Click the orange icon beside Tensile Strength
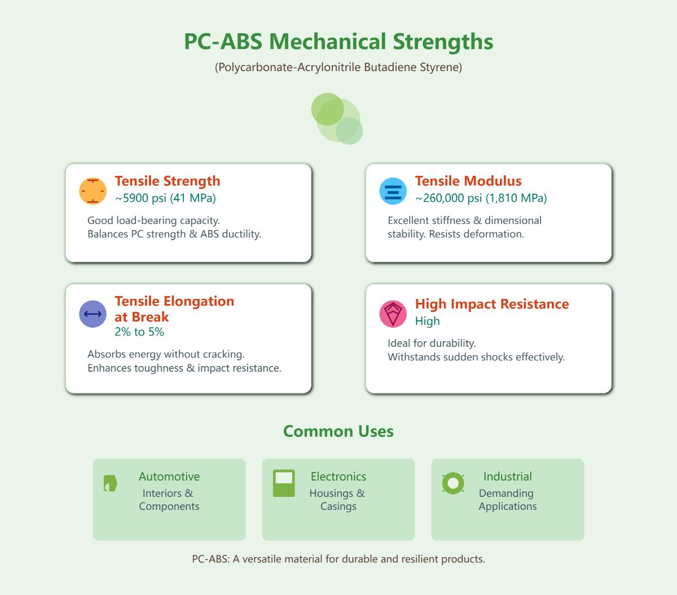[x=93, y=191]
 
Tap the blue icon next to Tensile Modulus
[x=393, y=191]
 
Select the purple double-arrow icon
[x=93, y=314]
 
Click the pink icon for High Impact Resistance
[x=393, y=314]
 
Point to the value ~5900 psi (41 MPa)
[x=165, y=198]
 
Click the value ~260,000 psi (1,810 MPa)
[x=481, y=198]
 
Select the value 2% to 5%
[x=139, y=332]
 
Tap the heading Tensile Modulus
[x=468, y=180]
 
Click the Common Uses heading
[x=338, y=431]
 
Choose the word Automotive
[x=169, y=477]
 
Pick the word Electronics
[x=338, y=477]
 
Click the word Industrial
[x=508, y=477]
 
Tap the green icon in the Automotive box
[x=110, y=483]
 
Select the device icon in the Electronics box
[x=284, y=483]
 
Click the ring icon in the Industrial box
[x=453, y=483]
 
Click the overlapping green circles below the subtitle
[x=337, y=118]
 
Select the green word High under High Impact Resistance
[x=428, y=321]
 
